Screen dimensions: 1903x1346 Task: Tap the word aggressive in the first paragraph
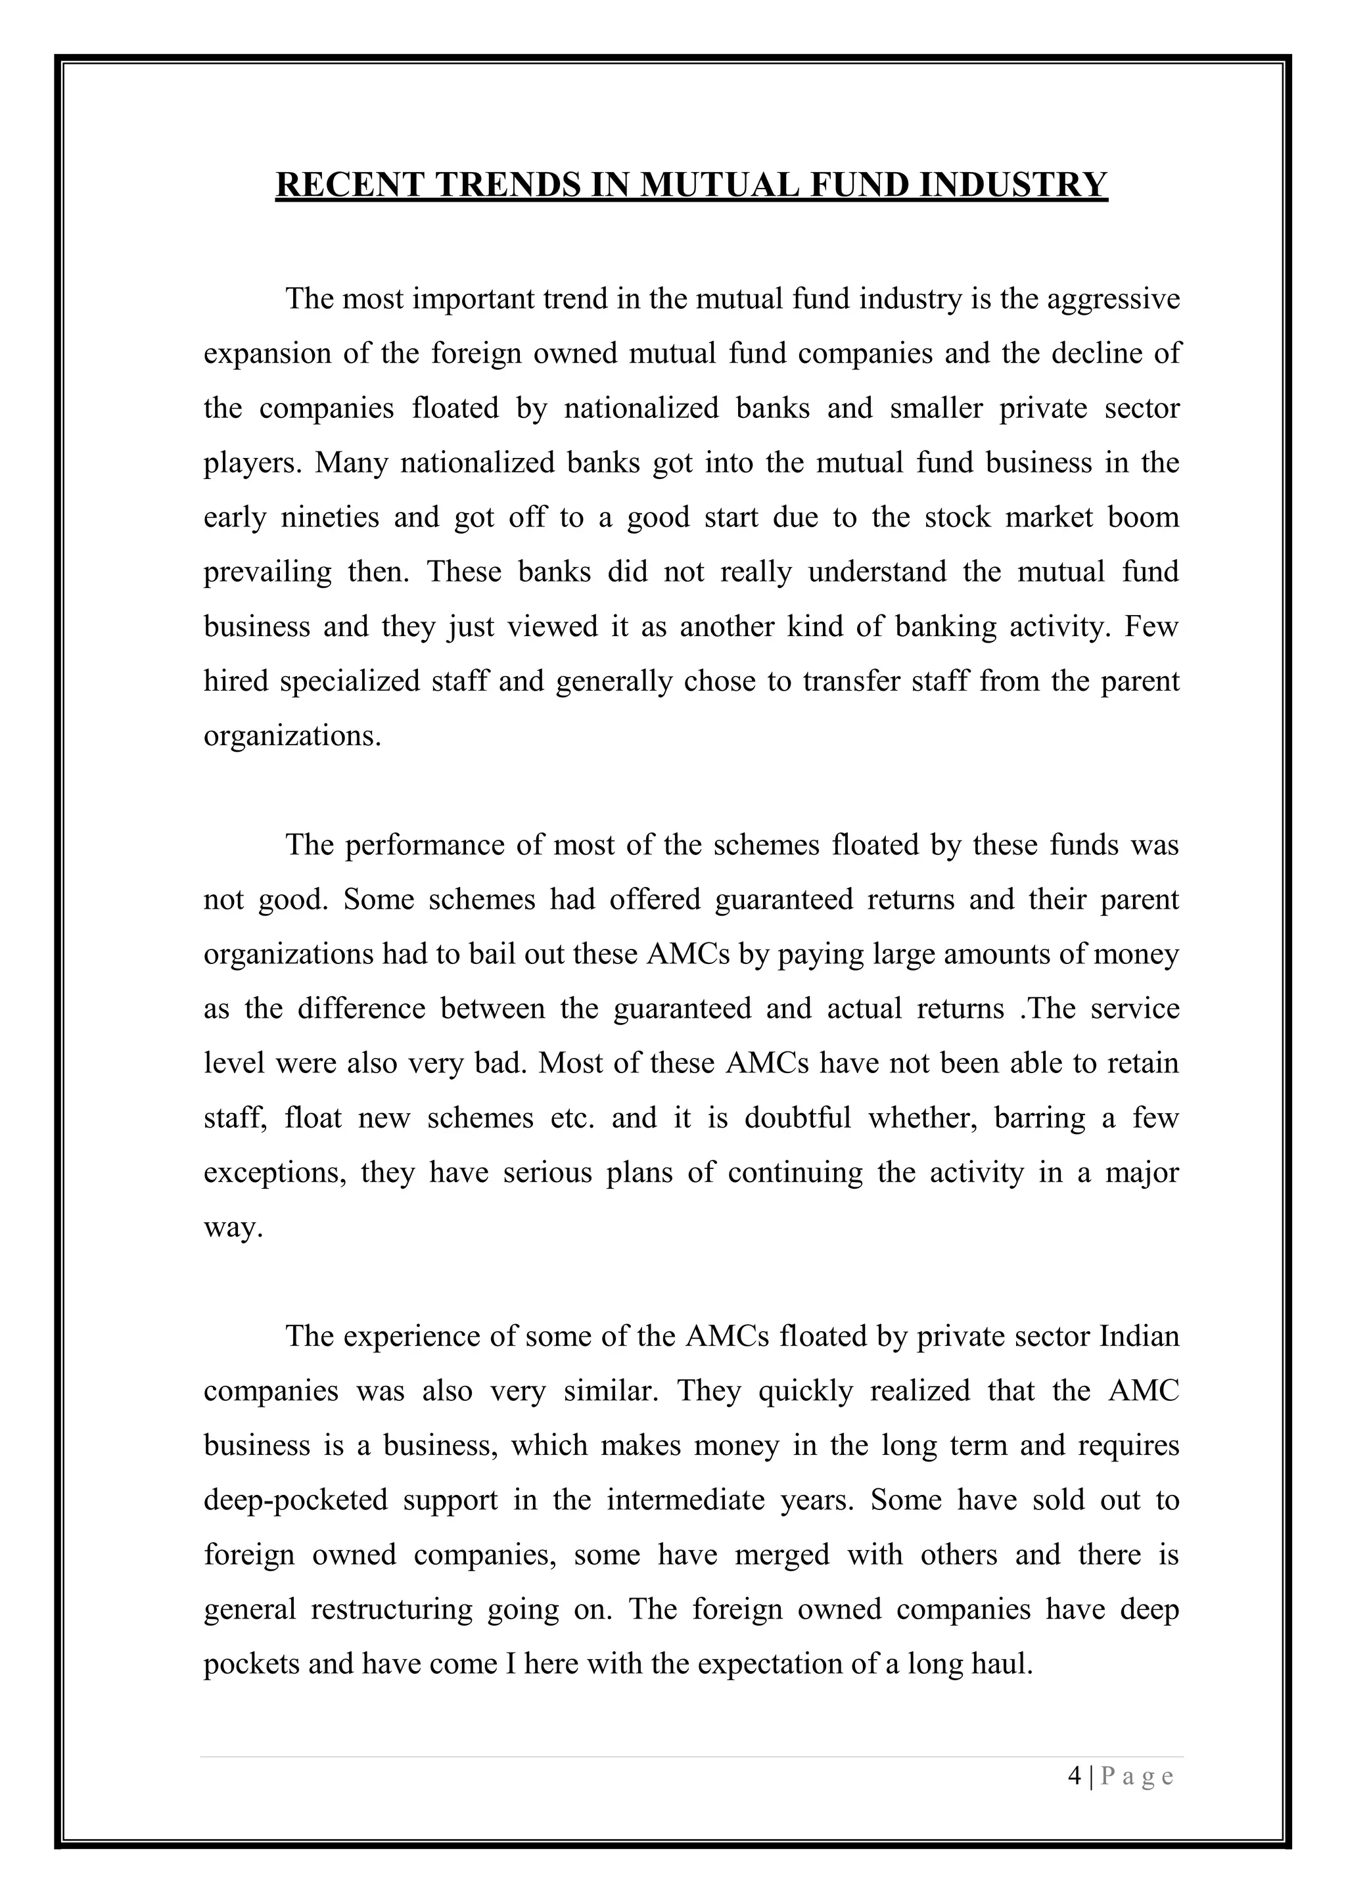click(1113, 298)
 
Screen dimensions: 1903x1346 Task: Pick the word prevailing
click(267, 572)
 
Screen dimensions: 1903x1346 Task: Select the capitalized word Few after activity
click(1151, 627)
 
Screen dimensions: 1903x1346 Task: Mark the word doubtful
click(797, 1118)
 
